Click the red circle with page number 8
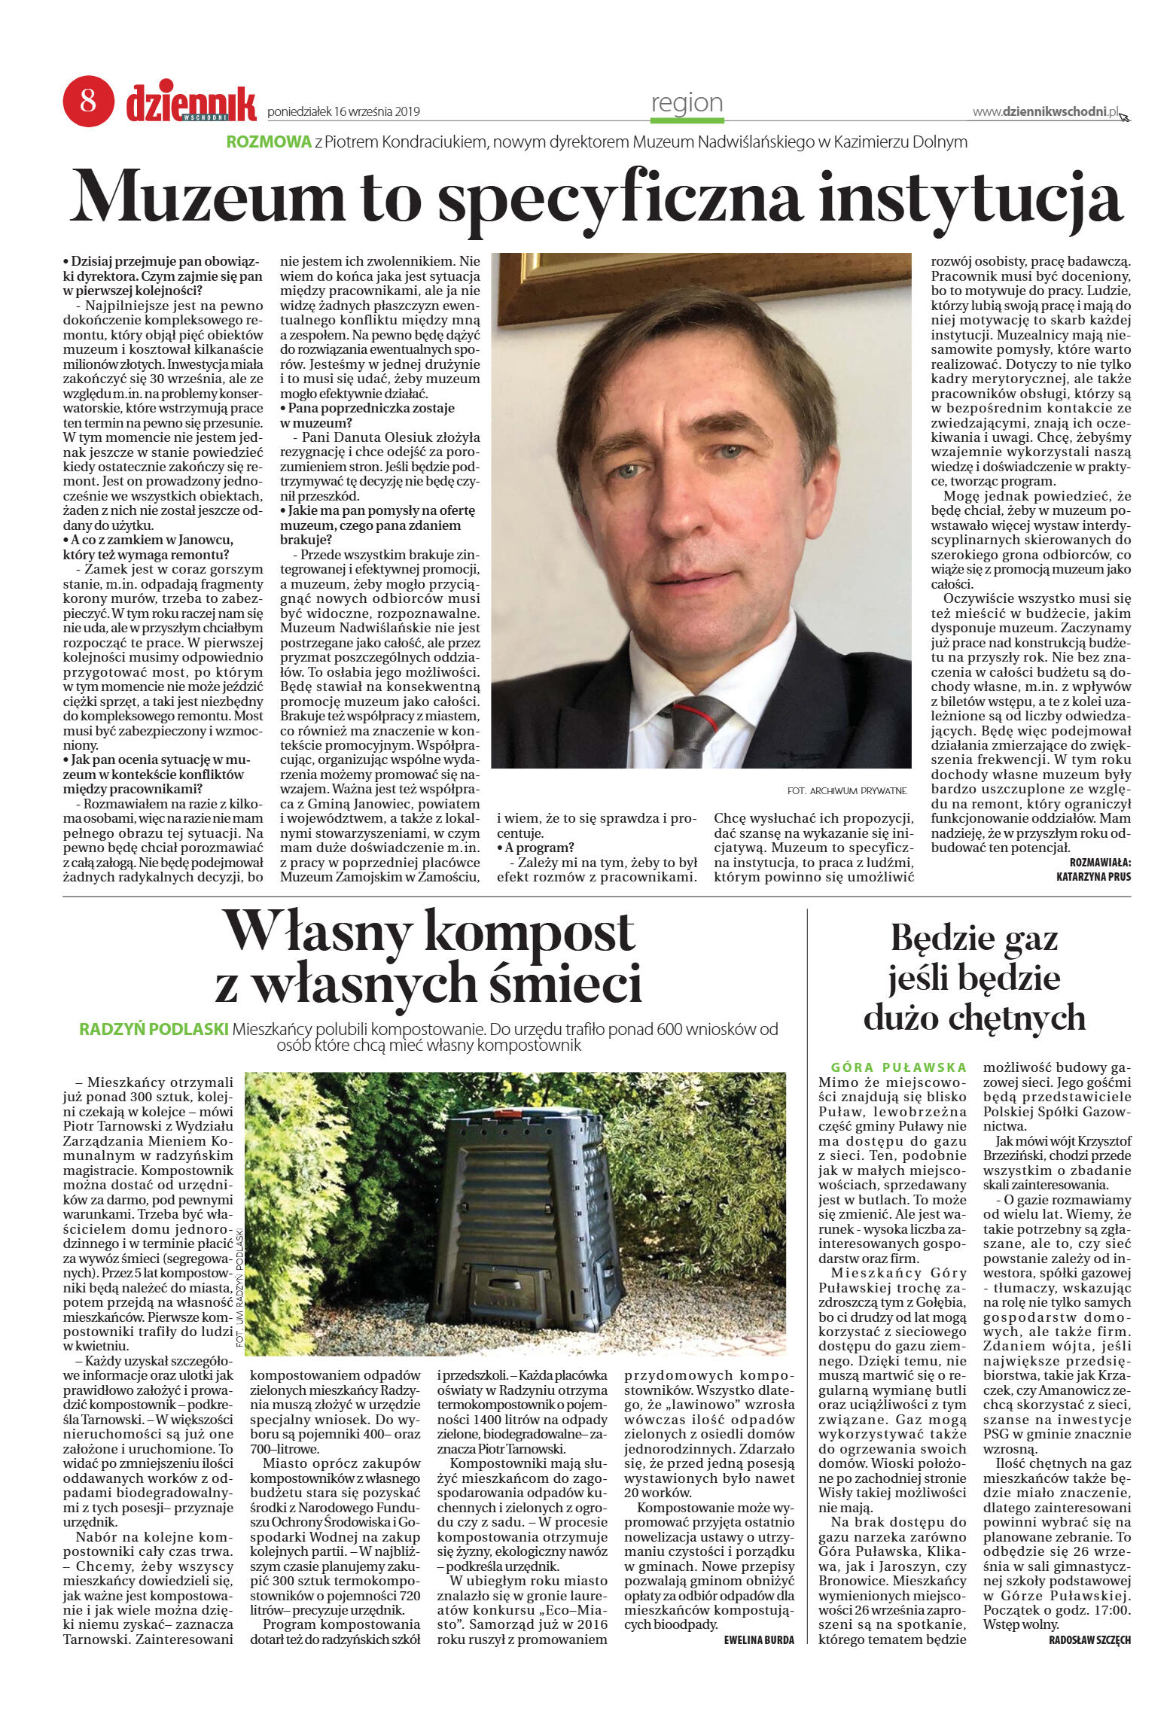point(88,100)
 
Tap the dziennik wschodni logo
point(191,102)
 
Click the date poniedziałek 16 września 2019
point(343,112)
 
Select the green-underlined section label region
point(687,103)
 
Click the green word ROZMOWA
point(269,142)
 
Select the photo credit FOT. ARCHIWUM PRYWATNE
point(847,790)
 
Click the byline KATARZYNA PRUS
point(1092,876)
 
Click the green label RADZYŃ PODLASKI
point(154,1029)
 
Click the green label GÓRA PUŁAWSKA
point(898,1067)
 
